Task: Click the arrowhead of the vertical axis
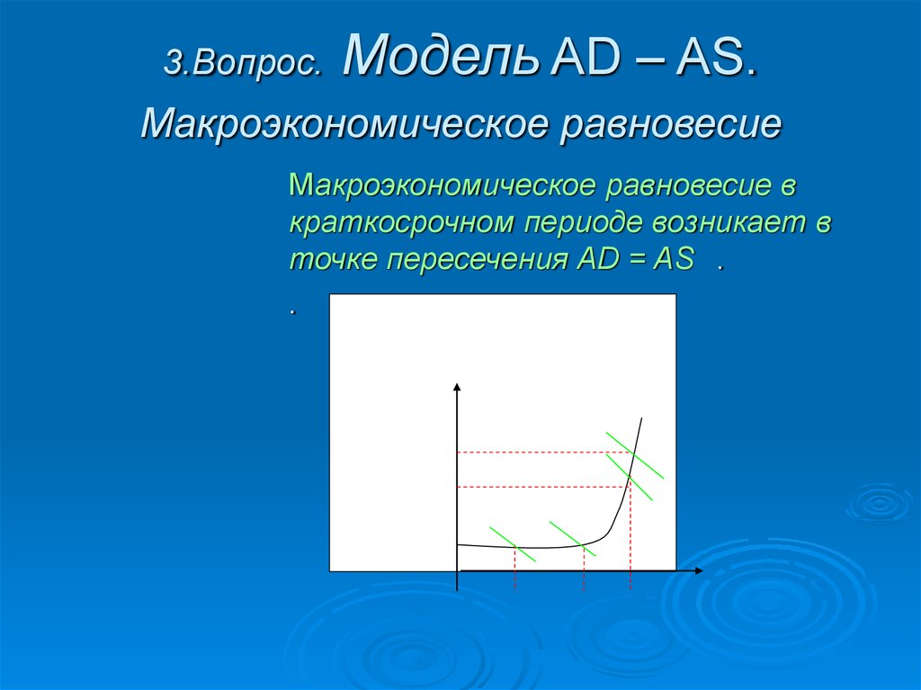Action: pos(457,388)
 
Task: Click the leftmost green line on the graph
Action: pos(512,543)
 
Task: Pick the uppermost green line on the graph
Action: pos(635,455)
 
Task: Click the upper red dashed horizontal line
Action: pos(540,452)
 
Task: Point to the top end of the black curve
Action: pos(642,418)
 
